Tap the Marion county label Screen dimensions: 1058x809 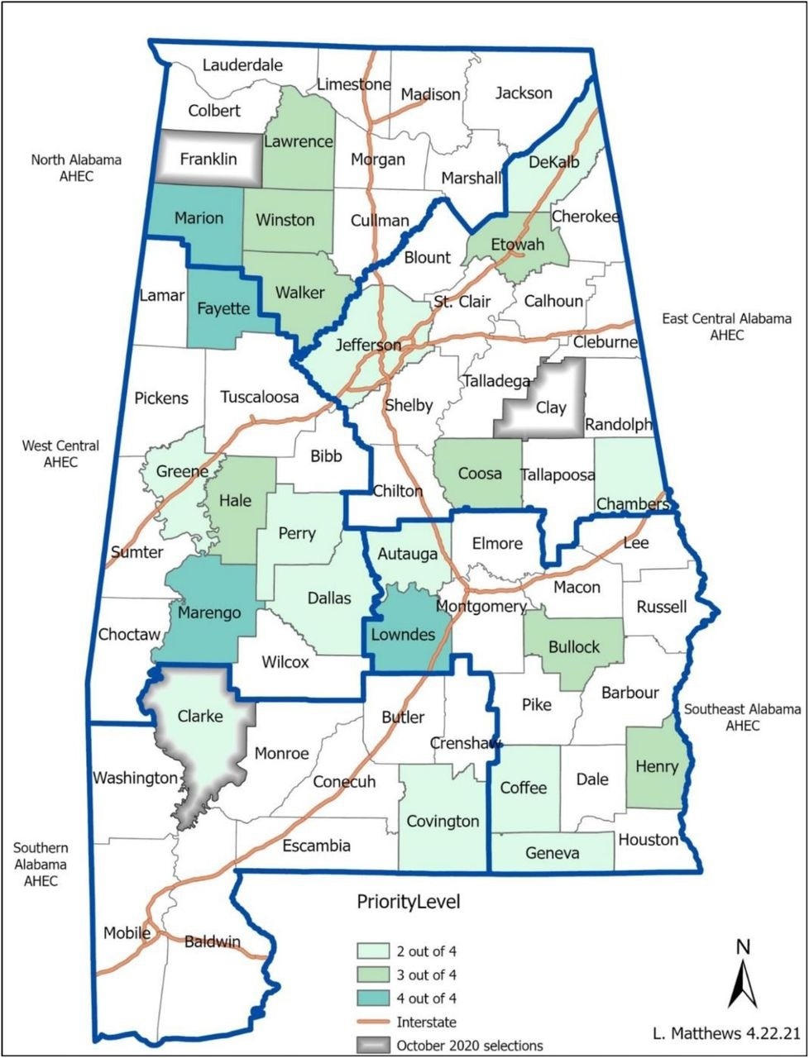point(199,218)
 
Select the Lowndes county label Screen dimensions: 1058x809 point(402,634)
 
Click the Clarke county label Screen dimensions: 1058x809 point(200,716)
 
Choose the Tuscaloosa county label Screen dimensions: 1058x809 point(260,397)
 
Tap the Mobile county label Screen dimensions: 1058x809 point(127,933)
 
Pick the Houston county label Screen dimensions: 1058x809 point(648,840)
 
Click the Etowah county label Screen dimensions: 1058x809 point(518,245)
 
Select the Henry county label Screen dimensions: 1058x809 point(657,766)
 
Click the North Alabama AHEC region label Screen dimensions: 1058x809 point(76,167)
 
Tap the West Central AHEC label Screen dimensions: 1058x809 point(61,454)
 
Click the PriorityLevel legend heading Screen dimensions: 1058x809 point(408,901)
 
